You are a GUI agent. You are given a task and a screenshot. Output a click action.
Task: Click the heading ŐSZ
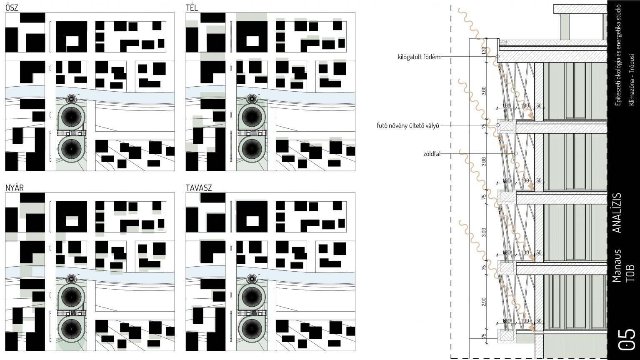(11, 7)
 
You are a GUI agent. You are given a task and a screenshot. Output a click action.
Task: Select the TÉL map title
(192, 7)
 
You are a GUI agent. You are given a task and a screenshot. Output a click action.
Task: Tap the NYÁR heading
(14, 188)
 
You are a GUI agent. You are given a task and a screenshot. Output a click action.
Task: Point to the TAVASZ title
(199, 188)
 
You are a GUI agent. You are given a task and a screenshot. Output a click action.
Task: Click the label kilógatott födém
(419, 57)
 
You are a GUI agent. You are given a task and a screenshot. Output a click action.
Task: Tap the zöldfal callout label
(431, 154)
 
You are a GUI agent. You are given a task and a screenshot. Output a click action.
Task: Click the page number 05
(627, 339)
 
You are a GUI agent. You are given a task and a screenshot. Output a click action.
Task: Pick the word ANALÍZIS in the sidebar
(618, 212)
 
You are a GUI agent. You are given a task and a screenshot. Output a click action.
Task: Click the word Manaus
(617, 266)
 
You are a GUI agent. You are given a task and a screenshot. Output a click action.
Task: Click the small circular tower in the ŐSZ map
(71, 99)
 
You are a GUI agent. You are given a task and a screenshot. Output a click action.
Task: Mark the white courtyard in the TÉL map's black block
(252, 41)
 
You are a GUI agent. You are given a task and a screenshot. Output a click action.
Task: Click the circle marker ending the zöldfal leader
(516, 154)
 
